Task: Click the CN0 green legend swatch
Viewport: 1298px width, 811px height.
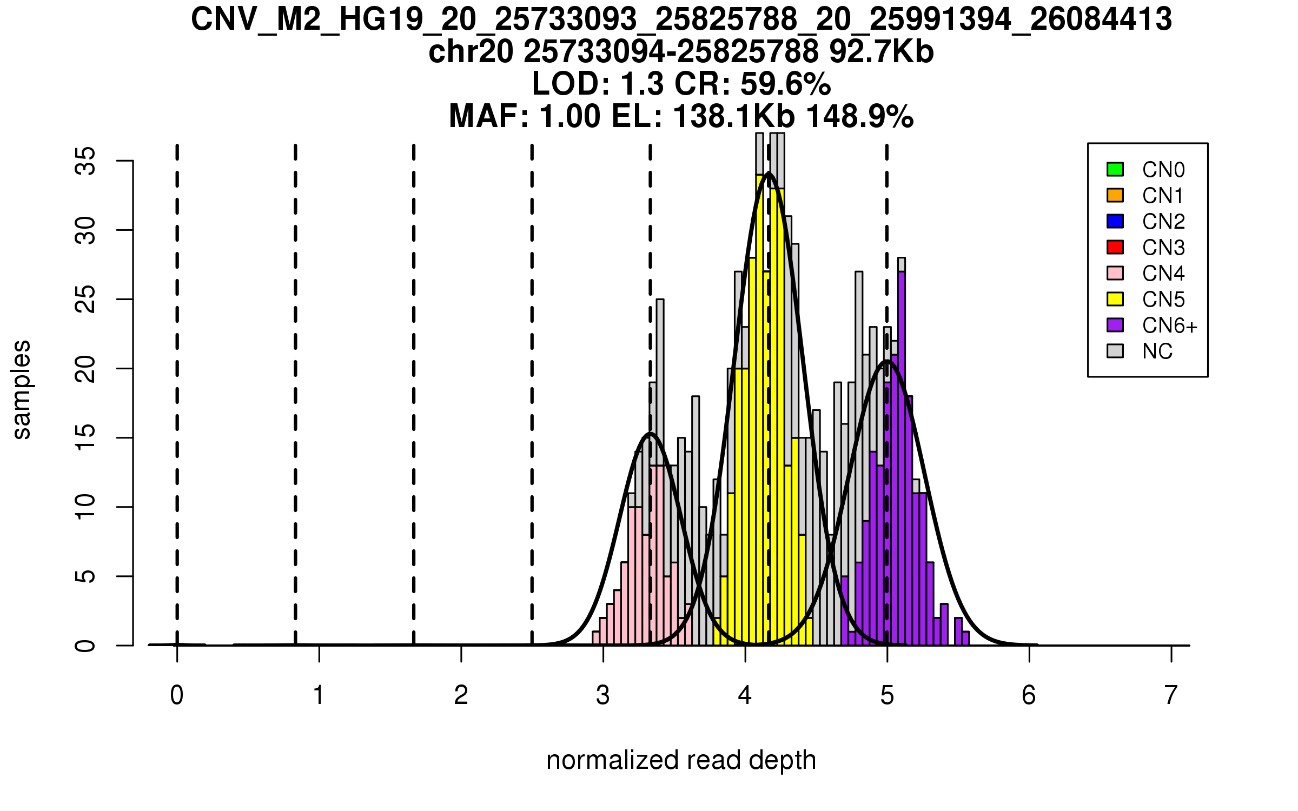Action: [x=1115, y=169]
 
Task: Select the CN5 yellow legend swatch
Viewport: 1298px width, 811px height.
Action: [x=1115, y=299]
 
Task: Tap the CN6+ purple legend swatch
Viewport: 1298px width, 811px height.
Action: [x=1115, y=325]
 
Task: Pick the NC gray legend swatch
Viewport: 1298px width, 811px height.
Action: [x=1115, y=351]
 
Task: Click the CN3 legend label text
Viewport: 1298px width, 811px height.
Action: [x=1163, y=248]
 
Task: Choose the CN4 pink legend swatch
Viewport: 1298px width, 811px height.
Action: [x=1115, y=273]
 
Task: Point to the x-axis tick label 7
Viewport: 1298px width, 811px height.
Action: [x=1171, y=695]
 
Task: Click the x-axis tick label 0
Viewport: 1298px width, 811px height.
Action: [x=177, y=695]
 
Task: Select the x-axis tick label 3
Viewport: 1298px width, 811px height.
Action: [x=603, y=695]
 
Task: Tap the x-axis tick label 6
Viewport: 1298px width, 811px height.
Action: [x=1029, y=695]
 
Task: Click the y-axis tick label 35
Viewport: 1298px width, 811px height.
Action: [x=85, y=161]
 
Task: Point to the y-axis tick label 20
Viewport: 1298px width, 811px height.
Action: [x=85, y=369]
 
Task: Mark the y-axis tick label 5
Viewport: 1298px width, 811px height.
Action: [x=85, y=576]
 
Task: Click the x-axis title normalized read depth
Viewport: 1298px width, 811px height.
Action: [x=681, y=760]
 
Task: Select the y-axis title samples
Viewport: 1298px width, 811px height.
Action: [x=22, y=390]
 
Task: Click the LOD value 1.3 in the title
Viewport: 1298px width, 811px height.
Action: [x=642, y=84]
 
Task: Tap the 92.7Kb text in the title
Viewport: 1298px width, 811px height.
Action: [x=882, y=52]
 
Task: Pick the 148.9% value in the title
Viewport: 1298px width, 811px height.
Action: [x=860, y=117]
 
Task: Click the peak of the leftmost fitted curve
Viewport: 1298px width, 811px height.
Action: [x=650, y=434]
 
